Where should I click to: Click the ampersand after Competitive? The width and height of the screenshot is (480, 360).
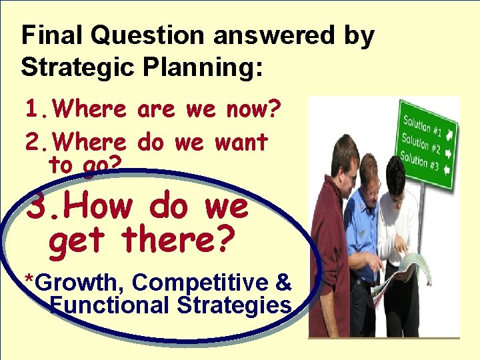point(283,283)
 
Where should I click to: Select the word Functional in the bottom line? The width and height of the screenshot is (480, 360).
point(111,305)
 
